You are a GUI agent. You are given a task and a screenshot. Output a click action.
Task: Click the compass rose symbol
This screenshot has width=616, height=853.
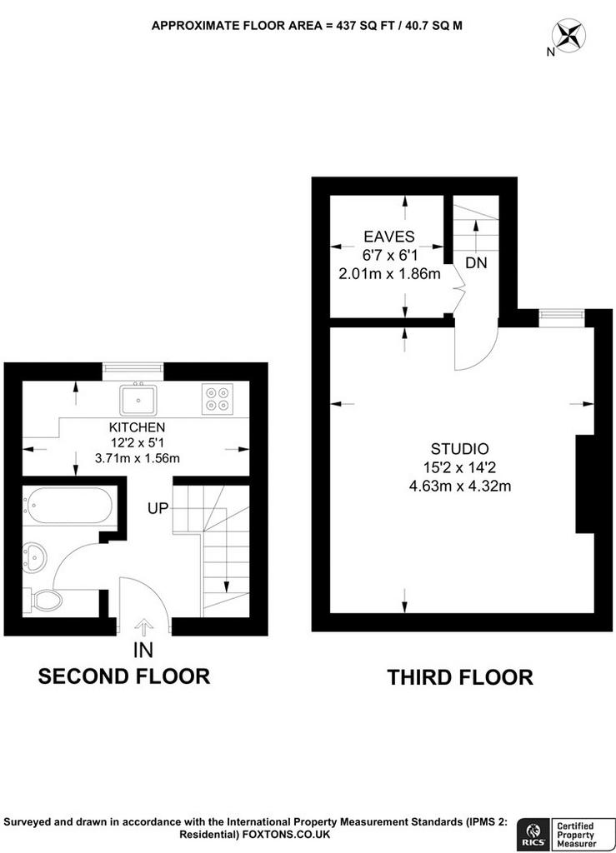point(568,36)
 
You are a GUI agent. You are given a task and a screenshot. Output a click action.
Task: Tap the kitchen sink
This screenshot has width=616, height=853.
point(138,399)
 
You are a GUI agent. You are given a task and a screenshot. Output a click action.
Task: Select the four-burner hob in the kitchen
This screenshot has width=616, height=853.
point(217,399)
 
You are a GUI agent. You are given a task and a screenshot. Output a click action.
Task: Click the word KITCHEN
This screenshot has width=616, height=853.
point(138,427)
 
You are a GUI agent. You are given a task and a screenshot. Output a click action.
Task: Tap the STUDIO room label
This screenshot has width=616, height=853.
point(460,449)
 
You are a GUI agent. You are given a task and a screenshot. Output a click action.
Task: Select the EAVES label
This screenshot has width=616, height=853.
point(389,237)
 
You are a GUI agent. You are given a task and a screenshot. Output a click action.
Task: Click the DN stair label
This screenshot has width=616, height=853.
point(476,263)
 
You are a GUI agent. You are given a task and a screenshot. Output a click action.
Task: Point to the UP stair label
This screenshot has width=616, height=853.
point(158,509)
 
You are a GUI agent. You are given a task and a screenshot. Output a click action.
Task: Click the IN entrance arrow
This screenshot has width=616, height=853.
point(143,628)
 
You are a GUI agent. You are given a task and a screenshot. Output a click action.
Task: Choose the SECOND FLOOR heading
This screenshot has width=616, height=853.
point(124,676)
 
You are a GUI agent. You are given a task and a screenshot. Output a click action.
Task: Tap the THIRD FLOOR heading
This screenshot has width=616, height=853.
point(460,677)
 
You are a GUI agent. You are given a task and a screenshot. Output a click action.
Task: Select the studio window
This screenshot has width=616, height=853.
point(562,317)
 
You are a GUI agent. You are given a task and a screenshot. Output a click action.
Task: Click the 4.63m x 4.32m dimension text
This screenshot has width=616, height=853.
point(460,486)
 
